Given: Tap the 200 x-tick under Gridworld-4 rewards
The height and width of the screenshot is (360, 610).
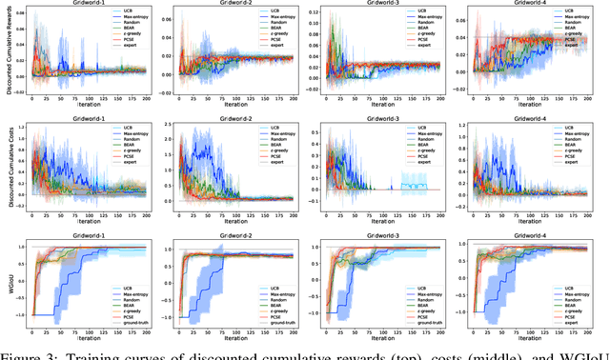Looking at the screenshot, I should pyautogui.click(x=589, y=99).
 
